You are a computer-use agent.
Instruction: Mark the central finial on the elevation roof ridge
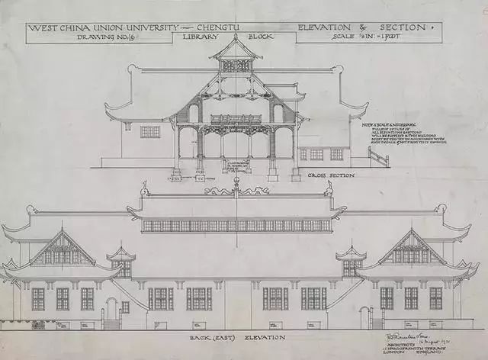(x=237, y=183)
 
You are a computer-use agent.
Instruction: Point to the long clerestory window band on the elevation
(x=237, y=226)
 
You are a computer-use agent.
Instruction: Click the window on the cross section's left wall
(x=150, y=131)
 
